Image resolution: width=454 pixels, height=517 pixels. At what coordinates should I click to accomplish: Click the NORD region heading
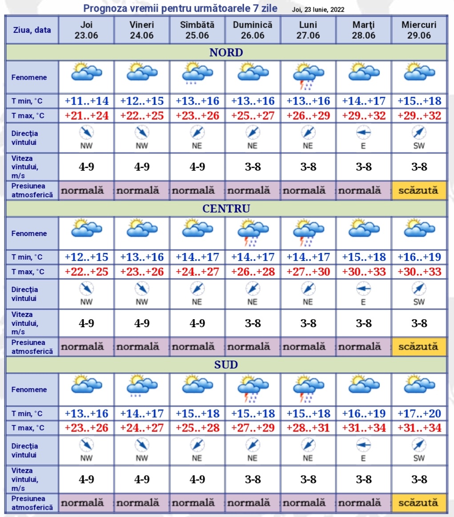226,52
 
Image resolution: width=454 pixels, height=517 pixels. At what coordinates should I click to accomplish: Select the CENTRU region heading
226,208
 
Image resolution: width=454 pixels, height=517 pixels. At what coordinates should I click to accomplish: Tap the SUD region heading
226,365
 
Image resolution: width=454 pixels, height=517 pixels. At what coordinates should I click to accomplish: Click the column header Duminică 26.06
253,30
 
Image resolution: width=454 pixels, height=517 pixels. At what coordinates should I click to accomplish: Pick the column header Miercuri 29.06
419,30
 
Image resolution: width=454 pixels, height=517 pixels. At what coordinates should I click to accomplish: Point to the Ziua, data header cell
32,30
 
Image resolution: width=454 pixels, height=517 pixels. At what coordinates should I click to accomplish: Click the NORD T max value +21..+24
87,116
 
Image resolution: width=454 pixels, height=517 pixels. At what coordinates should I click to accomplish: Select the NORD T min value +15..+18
419,101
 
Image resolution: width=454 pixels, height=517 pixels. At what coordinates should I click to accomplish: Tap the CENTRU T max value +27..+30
308,272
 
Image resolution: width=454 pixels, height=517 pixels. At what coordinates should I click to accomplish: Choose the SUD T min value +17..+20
419,413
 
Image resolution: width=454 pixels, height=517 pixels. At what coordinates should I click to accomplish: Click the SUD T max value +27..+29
253,428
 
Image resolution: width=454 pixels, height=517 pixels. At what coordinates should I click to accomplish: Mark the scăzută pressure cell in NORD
418,191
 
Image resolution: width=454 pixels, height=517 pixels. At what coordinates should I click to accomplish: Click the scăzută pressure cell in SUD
418,503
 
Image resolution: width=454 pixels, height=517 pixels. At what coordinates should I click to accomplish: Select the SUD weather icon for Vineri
142,385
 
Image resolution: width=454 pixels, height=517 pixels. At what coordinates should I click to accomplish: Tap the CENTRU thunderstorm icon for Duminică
253,232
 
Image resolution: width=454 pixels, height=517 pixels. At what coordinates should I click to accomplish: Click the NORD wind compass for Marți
363,132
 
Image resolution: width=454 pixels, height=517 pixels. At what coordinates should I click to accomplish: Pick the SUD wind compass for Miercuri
419,445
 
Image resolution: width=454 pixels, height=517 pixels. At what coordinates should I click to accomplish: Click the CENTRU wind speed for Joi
87,324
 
